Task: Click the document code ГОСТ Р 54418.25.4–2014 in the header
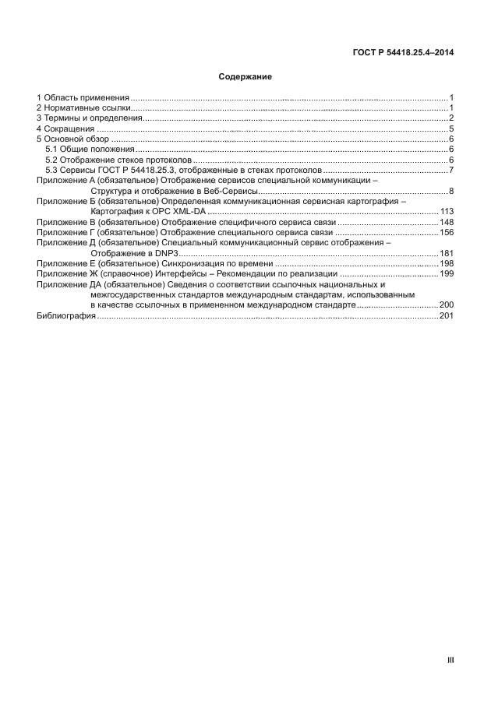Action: (400, 52)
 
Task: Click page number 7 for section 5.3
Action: (451, 170)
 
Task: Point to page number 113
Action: (447, 212)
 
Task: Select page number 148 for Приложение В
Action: (447, 222)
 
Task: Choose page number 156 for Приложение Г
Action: (447, 232)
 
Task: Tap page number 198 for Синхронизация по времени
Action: (447, 264)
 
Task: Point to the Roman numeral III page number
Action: (450, 660)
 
